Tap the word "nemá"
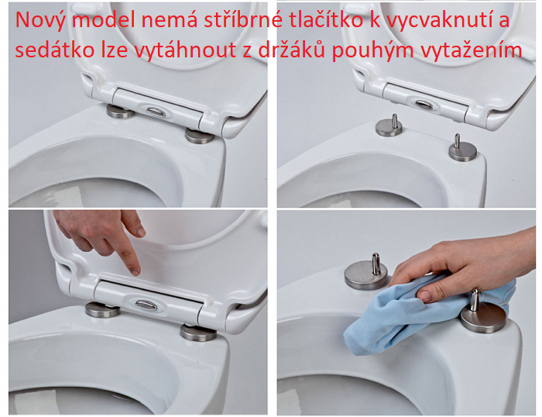(x=170, y=20)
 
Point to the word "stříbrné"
(x=243, y=20)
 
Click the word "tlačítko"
(x=326, y=20)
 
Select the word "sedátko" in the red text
(x=55, y=50)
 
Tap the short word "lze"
(x=115, y=50)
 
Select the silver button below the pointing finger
(x=146, y=305)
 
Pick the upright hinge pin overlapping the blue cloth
(x=475, y=300)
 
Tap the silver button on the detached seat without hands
(x=424, y=103)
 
